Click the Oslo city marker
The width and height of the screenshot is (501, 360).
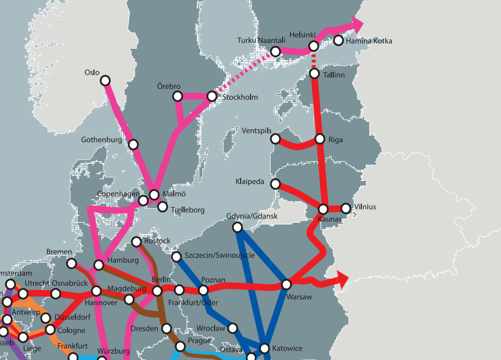(x=105, y=80)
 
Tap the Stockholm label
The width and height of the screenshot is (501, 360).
(x=240, y=97)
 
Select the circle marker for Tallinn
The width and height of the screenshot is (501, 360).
(x=315, y=74)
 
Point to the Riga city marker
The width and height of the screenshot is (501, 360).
(x=320, y=139)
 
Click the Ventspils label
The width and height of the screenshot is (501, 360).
(x=256, y=131)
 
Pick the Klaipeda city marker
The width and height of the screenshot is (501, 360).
(x=276, y=184)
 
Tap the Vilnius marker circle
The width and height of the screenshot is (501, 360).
(x=346, y=209)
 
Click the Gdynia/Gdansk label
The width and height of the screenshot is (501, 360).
(x=252, y=216)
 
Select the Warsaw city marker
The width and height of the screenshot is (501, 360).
(x=286, y=284)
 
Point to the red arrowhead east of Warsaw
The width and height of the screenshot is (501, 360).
(x=342, y=279)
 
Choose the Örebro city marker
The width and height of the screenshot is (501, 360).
(x=177, y=97)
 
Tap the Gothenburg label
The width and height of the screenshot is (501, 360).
(x=101, y=140)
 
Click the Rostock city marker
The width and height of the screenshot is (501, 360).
(x=137, y=241)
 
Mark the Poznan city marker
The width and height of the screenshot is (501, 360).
(x=203, y=290)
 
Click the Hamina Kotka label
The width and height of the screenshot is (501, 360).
(x=369, y=41)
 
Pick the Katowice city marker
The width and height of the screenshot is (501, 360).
(x=265, y=348)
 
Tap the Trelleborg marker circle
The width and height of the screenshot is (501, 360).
(x=163, y=207)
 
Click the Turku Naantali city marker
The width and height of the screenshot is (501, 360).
(x=276, y=51)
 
